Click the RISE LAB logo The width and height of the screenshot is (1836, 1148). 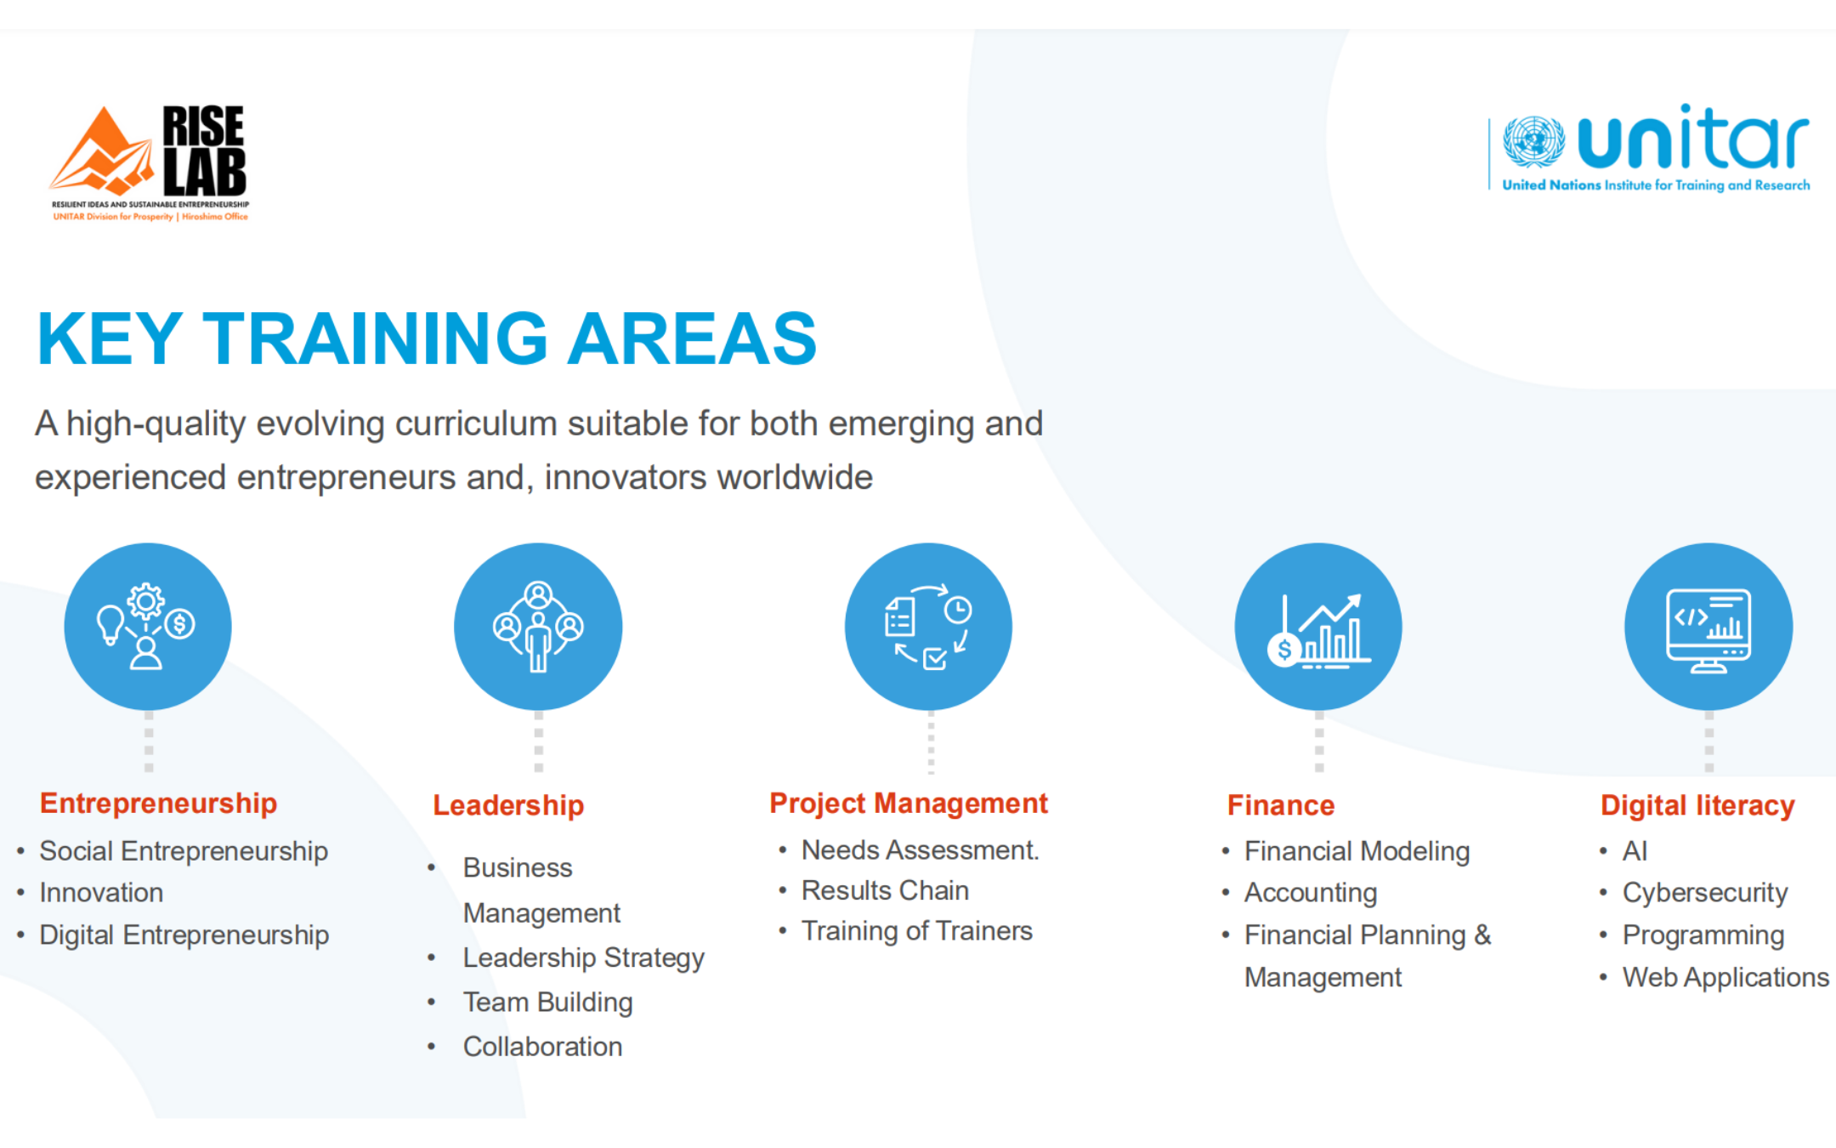click(150, 162)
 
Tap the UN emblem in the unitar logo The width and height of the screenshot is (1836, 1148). click(1533, 142)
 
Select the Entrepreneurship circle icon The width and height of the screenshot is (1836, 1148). click(148, 627)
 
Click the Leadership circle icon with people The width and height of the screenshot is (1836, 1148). click(538, 627)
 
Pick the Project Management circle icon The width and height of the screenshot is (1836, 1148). click(928, 627)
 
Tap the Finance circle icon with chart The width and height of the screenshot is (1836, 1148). click(1318, 627)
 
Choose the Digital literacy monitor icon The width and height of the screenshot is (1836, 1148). click(1708, 627)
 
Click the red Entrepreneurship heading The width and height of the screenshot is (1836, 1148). click(158, 804)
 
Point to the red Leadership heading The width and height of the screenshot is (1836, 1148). click(508, 805)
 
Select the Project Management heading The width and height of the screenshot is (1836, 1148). click(909, 804)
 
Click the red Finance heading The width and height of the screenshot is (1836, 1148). click(1281, 805)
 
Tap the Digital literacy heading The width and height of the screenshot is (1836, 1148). click(1697, 805)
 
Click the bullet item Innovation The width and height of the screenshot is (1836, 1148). click(101, 893)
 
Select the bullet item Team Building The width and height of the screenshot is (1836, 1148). click(548, 1003)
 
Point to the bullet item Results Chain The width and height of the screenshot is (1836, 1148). click(885, 890)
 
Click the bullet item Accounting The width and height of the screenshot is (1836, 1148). click(1311, 893)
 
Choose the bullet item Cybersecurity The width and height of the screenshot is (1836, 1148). click(1705, 893)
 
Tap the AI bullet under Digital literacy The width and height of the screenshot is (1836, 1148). click(1635, 851)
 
